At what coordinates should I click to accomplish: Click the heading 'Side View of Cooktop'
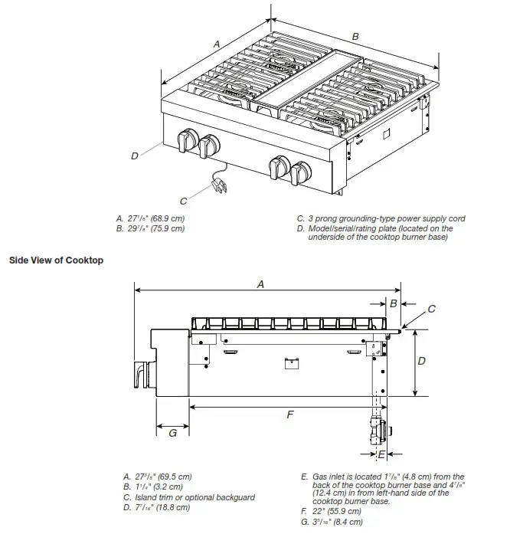pos(56,260)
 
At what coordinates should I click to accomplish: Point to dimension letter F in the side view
pos(289,414)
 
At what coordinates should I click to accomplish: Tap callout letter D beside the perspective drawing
pos(134,155)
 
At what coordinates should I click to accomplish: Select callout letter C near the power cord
pos(184,201)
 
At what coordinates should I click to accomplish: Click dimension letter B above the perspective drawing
pos(355,36)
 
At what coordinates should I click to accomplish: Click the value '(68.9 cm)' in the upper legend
pos(165,218)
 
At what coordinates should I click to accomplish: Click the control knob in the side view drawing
pos(142,372)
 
